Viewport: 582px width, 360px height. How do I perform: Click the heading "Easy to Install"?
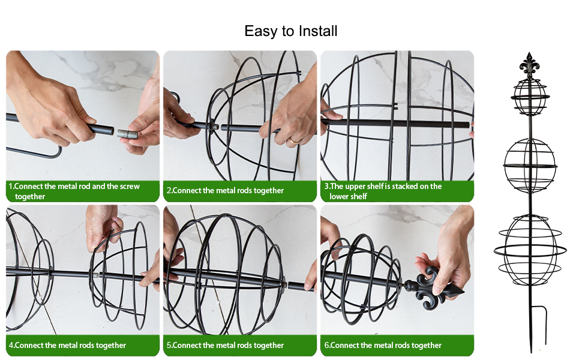[x=290, y=31]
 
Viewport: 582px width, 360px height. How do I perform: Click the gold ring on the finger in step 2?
[x=293, y=141]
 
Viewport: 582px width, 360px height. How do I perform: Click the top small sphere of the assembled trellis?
[x=530, y=97]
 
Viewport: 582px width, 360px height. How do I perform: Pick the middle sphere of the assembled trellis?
[x=530, y=166]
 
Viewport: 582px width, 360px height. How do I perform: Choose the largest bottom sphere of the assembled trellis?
[x=530, y=250]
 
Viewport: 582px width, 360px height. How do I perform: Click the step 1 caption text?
[x=74, y=191]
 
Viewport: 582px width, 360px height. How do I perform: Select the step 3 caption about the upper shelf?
[x=383, y=191]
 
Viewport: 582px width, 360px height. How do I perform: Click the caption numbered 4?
[x=68, y=345]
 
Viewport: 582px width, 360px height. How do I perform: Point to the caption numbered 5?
[x=225, y=345]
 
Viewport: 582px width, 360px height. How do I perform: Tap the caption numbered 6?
[x=383, y=345]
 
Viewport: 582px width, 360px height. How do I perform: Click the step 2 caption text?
[x=225, y=190]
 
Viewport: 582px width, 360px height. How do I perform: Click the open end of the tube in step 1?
[x=110, y=131]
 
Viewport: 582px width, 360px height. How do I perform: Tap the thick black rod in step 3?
[x=395, y=123]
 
